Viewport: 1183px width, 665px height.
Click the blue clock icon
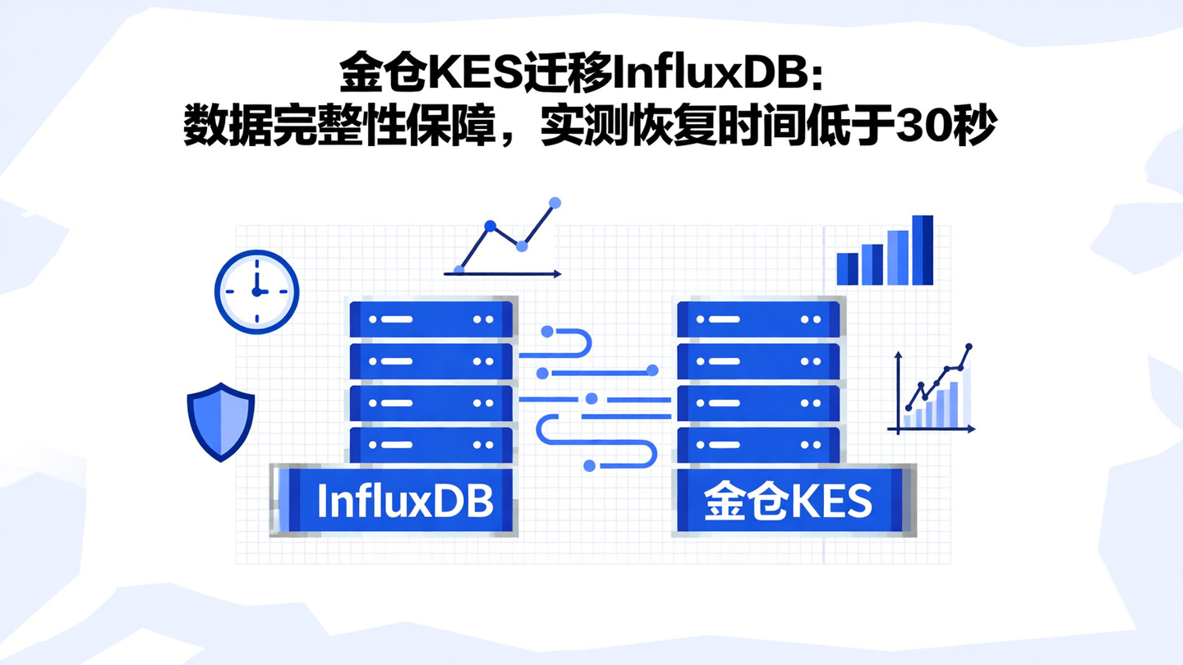(256, 291)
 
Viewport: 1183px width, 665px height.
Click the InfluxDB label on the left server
(404, 501)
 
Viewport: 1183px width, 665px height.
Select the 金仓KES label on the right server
(788, 501)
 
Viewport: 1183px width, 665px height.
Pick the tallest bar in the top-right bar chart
(923, 250)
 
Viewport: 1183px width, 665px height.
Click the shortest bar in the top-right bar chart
(847, 268)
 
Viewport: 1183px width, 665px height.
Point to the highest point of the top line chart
(555, 202)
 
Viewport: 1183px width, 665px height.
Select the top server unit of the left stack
(430, 319)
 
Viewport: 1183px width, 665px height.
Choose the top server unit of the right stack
(757, 319)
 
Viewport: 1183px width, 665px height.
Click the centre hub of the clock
(256, 291)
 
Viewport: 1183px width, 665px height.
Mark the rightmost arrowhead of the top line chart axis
(558, 274)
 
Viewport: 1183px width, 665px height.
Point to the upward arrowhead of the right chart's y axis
(898, 355)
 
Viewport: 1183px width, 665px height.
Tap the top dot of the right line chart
(969, 347)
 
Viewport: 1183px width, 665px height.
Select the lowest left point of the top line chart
(459, 269)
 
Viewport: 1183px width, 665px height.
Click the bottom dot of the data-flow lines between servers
(589, 465)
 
